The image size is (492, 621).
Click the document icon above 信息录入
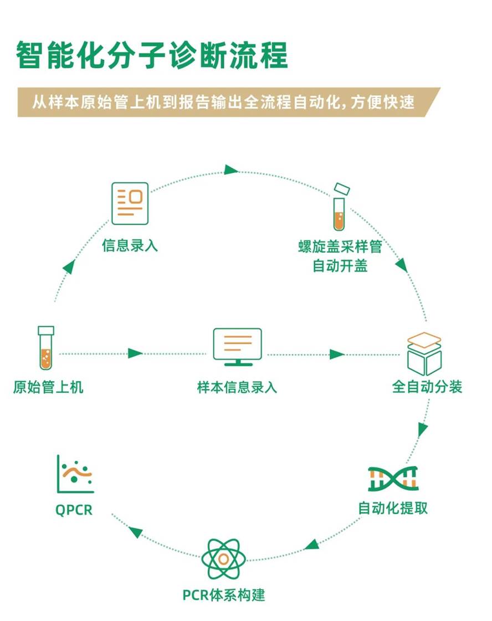coord(130,203)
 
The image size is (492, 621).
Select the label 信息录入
coord(130,245)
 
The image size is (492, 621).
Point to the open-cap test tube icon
coord(339,207)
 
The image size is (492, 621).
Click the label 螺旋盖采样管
coord(340,247)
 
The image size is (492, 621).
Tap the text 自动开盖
coord(340,265)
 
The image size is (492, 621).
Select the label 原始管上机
coord(48,387)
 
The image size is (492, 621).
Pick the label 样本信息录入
coord(237,387)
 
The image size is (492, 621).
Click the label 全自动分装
coord(427,387)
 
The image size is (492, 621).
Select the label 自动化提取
coord(393,507)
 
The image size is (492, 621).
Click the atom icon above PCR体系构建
coord(223,559)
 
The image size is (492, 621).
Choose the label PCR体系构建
coord(224,596)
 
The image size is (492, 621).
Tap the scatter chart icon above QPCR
coord(75,474)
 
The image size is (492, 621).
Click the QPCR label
coord(74,509)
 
